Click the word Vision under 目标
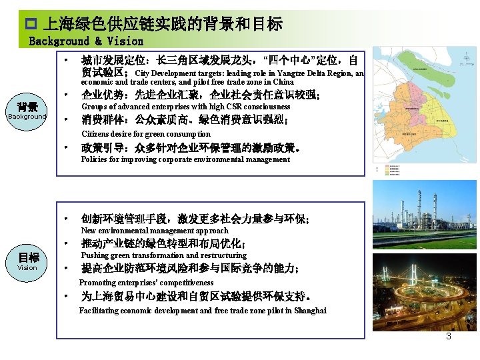click(27, 268)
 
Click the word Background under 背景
click(27, 117)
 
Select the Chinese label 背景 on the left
click(27, 107)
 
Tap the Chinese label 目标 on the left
click(27, 257)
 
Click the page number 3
click(449, 336)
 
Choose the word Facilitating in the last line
click(100, 311)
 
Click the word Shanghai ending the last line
click(310, 311)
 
